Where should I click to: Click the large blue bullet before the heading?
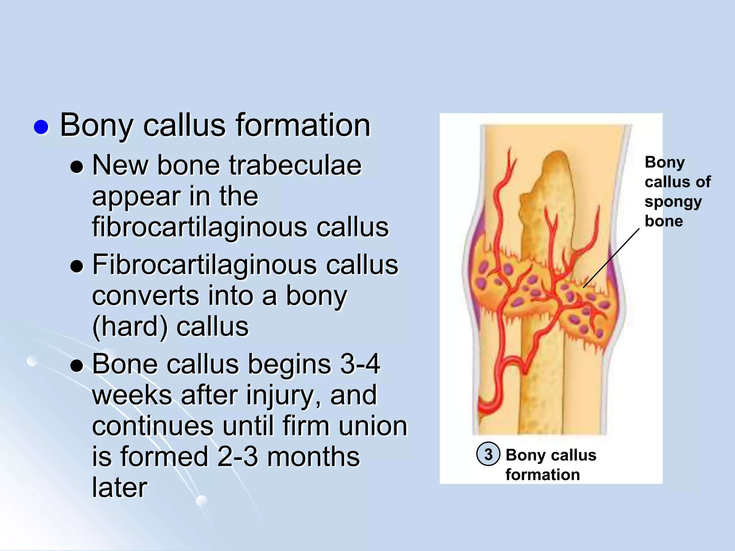41,127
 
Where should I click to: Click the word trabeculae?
295,165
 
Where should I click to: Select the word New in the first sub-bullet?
120,165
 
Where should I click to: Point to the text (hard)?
130,327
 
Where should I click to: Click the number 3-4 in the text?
360,364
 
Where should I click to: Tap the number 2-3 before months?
237,457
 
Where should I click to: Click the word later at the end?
120,488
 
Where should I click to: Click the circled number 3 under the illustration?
488,455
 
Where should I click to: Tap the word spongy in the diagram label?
673,202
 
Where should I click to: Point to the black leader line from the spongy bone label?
611,258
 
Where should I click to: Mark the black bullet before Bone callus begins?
77,366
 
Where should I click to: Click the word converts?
145,296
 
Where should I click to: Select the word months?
313,457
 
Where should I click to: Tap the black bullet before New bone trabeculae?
77,167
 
